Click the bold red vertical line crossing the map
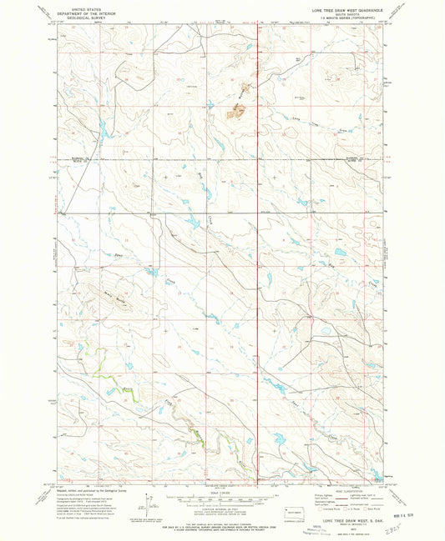pyautogui.click(x=256, y=250)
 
